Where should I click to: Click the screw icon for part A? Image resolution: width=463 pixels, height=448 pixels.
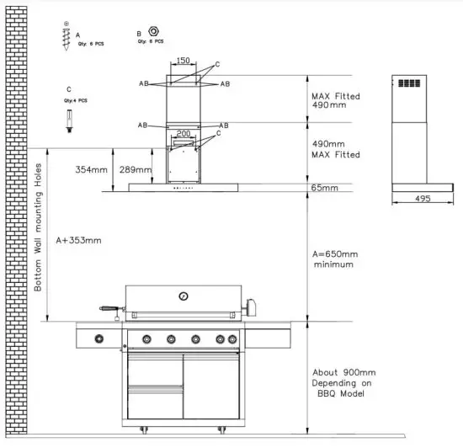click(x=67, y=39)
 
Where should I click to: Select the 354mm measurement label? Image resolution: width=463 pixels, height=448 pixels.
click(x=91, y=170)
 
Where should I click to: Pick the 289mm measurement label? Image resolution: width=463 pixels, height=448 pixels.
click(x=136, y=170)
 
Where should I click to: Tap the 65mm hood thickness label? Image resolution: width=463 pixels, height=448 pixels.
click(x=324, y=189)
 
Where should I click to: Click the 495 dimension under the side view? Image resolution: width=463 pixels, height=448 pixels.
click(x=423, y=199)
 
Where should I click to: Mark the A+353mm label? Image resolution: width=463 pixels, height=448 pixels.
click(x=77, y=241)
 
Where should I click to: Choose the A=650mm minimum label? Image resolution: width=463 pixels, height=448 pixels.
click(x=334, y=259)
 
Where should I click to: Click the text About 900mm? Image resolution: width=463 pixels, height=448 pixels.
click(x=343, y=372)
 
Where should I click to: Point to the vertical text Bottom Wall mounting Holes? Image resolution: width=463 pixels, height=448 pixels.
click(x=38, y=227)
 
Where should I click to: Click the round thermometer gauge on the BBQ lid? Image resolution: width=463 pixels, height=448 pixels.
click(x=183, y=296)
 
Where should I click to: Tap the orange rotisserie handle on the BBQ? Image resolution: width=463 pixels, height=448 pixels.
click(x=106, y=309)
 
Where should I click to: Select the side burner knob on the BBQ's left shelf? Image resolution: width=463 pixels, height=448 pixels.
click(x=99, y=339)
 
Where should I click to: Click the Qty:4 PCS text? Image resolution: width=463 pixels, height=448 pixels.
click(x=74, y=100)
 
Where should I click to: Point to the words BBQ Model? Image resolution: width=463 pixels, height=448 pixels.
click(x=343, y=394)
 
